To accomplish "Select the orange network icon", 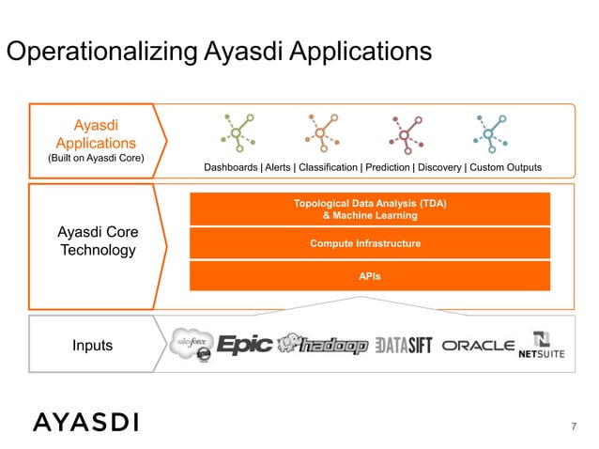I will (320, 133).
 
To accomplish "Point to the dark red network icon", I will (404, 133).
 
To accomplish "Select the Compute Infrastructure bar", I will (370, 243).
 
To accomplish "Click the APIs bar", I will (370, 276).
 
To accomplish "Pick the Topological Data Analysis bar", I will (370, 209).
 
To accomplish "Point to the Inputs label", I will (92, 345).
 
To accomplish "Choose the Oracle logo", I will (478, 346).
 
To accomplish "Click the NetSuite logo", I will (541, 346).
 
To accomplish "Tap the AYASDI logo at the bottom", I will (85, 422).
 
